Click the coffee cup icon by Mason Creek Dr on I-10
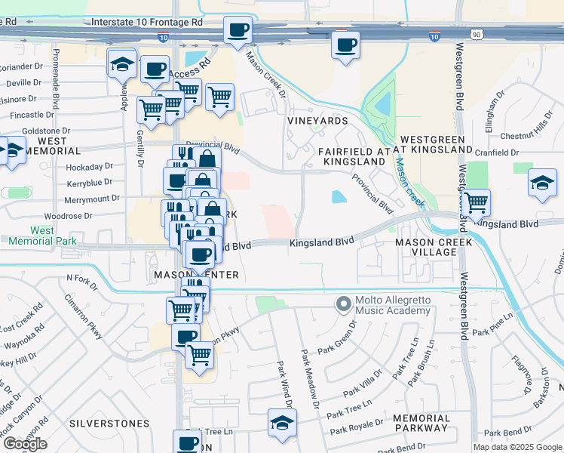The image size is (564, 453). tap(238, 31)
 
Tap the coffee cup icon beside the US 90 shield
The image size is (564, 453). tap(345, 45)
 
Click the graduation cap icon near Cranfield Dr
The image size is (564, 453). tap(541, 183)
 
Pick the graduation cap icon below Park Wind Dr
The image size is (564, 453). tap(282, 423)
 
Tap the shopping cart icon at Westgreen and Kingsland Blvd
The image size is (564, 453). tap(476, 202)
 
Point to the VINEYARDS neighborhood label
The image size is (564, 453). tap(317, 121)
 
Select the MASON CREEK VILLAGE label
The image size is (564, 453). tap(434, 248)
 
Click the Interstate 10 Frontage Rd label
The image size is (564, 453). tap(147, 23)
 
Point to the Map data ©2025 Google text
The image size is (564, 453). tap(518, 447)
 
